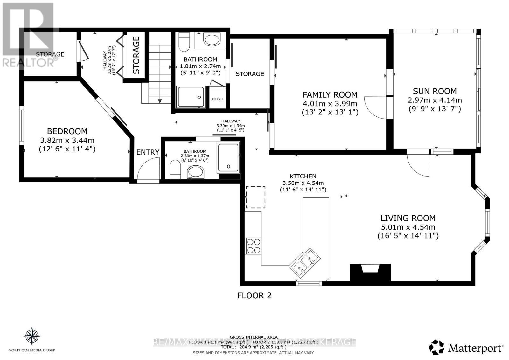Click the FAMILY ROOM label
coord(330,95)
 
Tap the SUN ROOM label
coord(435,91)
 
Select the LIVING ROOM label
coord(408,218)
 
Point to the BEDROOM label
coord(67,131)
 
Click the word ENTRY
coord(148,152)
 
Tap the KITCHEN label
coord(303,176)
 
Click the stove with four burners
coord(254,246)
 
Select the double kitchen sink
coord(305,263)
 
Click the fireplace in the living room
coord(370,273)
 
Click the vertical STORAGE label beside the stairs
coord(136,55)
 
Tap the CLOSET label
coord(218,99)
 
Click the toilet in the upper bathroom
coord(184,43)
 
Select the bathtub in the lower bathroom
coord(228,158)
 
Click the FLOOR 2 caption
coord(254,296)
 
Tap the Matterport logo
coord(466,348)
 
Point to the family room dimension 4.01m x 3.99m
coord(330,104)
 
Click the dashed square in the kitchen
coord(255,197)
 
